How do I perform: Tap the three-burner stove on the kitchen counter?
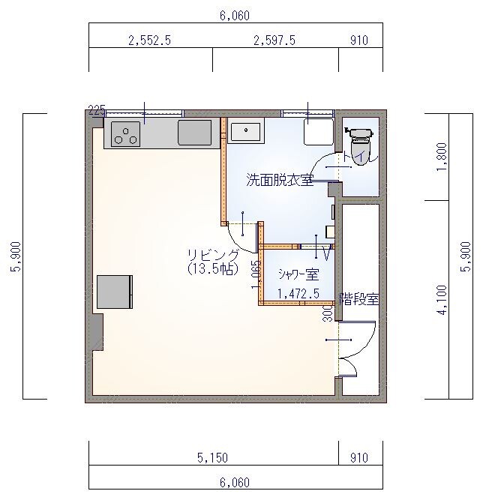pos(126,134)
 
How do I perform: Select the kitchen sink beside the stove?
pos(194,133)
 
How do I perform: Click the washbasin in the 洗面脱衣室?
pos(245,132)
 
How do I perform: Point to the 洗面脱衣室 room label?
pos(280,180)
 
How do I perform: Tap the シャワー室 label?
pos(298,274)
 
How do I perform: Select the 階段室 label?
pos(359,299)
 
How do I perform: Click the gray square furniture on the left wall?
pos(114,292)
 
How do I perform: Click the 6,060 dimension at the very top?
pos(234,15)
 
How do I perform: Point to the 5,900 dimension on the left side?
pos(16,257)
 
